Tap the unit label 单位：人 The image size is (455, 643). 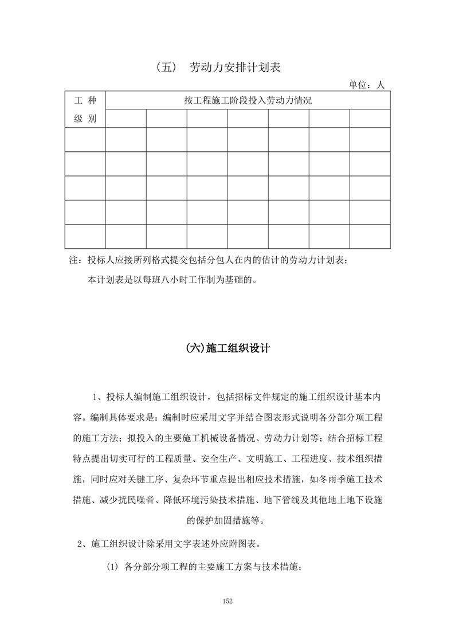[x=367, y=85]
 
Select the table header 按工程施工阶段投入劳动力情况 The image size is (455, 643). [x=248, y=100]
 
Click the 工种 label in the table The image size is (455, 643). [x=85, y=100]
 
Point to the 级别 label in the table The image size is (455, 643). [x=85, y=119]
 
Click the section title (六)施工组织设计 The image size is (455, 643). [x=228, y=348]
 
